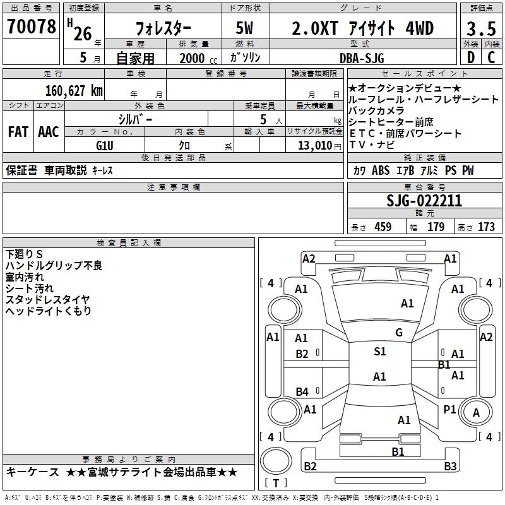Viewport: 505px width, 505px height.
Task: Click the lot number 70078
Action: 31,26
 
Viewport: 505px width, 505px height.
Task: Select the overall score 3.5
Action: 481,28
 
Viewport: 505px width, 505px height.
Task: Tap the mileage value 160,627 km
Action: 74,91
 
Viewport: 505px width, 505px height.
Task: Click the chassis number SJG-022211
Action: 424,201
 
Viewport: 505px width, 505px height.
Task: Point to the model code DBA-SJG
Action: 362,58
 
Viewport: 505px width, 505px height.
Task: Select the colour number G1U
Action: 105,146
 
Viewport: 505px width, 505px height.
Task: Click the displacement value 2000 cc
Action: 198,58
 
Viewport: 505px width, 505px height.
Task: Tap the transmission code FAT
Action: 18,132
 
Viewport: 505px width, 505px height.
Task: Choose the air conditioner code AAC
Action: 49,132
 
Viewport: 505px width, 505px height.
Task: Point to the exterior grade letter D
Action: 471,57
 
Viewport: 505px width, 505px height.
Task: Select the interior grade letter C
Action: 491,57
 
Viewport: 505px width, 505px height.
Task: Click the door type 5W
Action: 244,28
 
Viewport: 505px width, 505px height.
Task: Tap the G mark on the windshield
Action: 399,333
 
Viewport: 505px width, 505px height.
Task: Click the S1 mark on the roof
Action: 380,351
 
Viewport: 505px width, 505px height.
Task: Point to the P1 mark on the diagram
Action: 449,409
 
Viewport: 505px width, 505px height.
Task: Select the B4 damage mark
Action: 302,391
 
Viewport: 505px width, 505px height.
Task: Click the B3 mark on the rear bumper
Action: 450,466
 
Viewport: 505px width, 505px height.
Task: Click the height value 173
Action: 486,227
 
